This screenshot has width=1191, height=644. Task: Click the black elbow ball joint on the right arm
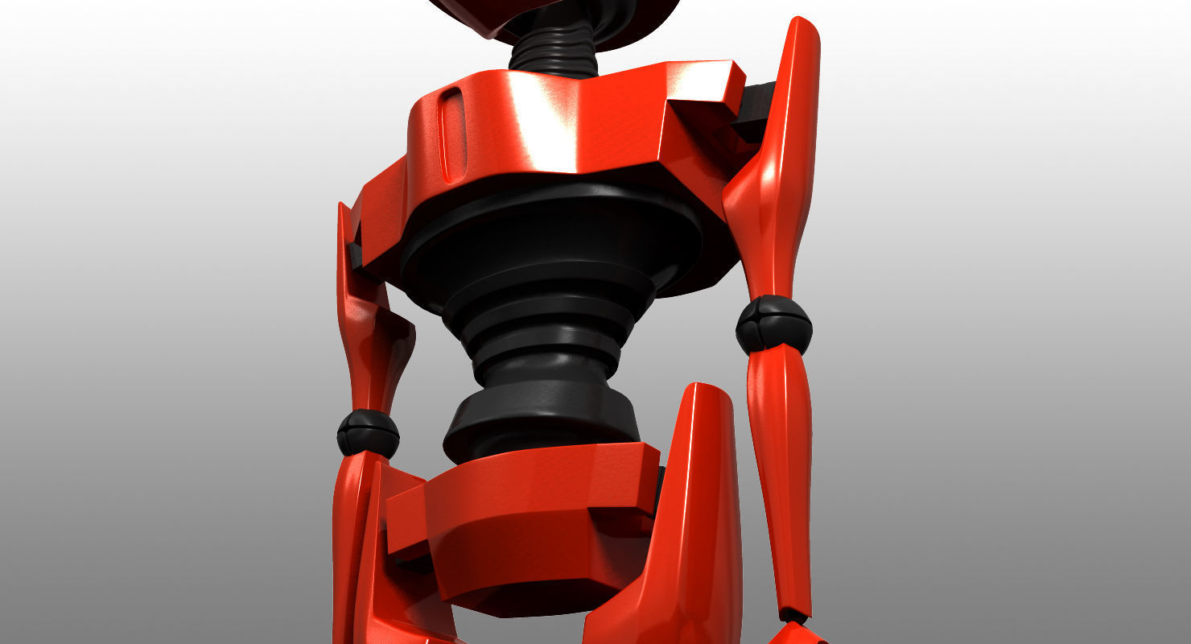pyautogui.click(x=773, y=324)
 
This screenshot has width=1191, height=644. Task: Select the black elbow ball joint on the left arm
pyautogui.click(x=368, y=433)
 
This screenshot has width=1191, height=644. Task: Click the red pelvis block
pyautogui.click(x=523, y=523)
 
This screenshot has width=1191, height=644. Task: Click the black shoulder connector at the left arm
pyautogui.click(x=356, y=254)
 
